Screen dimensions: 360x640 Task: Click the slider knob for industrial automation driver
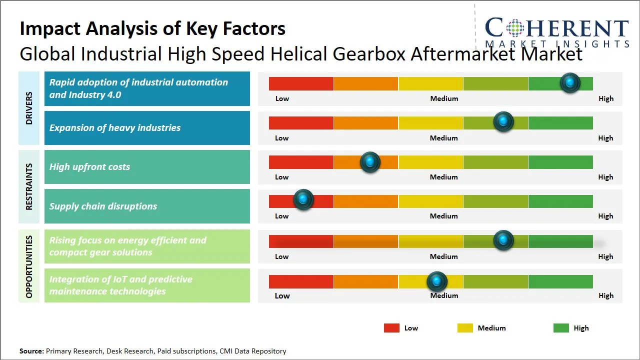coord(570,82)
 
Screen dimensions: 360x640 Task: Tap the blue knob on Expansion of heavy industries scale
coord(503,121)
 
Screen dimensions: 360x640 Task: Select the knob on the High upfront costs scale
coord(370,161)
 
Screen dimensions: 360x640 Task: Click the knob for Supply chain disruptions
coord(303,199)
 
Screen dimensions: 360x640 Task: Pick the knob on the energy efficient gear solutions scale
coord(503,240)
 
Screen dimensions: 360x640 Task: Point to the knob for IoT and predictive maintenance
coord(437,281)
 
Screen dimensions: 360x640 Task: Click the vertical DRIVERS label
coord(29,107)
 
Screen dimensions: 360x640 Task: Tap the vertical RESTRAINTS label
coord(29,186)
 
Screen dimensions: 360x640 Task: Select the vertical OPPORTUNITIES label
coord(29,266)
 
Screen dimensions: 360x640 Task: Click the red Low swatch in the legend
coord(391,328)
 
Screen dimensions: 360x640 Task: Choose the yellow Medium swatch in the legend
coord(465,328)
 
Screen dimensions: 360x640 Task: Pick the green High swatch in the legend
coord(561,328)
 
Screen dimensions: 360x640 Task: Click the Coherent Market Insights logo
coord(557,31)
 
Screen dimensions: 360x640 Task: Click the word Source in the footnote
coord(31,351)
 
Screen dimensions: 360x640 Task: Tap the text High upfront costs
coord(89,167)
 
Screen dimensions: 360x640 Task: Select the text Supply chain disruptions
coord(103,206)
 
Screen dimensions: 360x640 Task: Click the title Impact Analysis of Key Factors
coord(152,29)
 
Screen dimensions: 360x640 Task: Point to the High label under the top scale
coord(605,98)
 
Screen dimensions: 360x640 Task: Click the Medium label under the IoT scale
coord(444,295)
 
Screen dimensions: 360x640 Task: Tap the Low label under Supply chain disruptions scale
coord(281,216)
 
